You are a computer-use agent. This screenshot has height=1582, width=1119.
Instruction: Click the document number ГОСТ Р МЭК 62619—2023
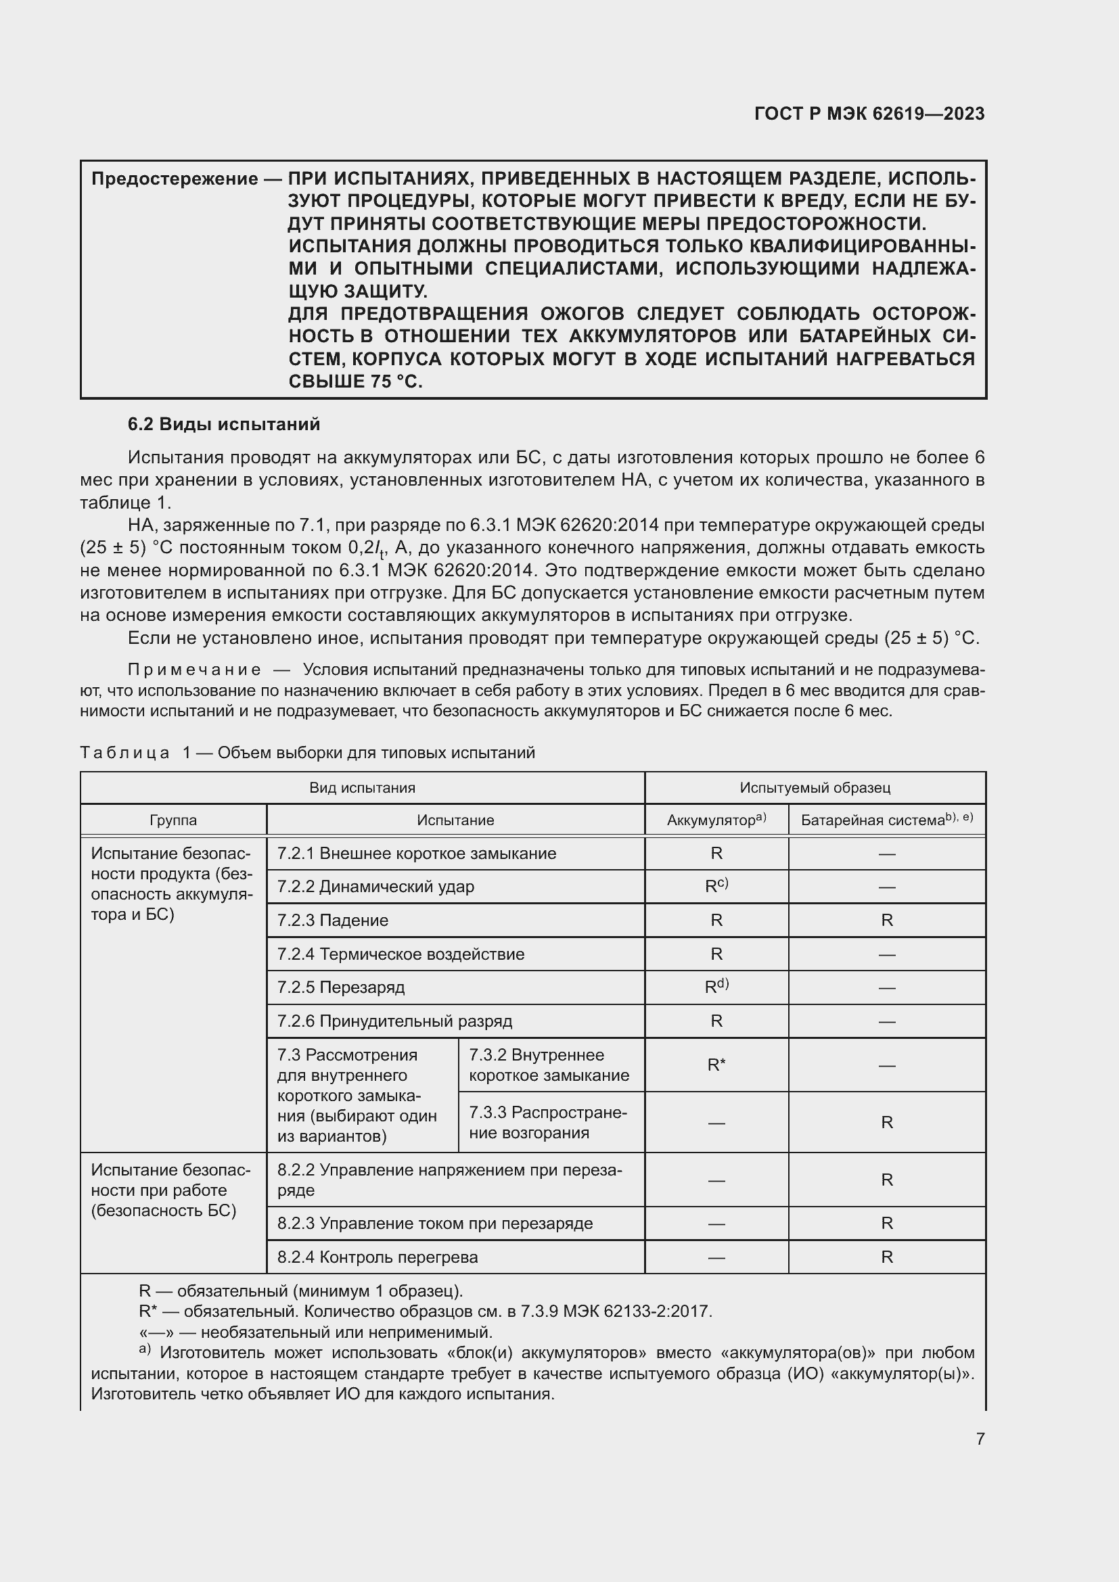point(869,114)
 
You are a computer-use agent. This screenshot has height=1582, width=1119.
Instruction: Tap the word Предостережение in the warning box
point(175,179)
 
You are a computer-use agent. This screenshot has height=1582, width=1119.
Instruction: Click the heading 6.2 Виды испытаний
point(223,425)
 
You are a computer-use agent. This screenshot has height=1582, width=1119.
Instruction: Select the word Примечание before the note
point(194,670)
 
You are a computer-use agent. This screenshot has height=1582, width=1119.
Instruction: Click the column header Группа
point(173,820)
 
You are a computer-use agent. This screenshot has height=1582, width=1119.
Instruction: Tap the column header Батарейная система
point(886,820)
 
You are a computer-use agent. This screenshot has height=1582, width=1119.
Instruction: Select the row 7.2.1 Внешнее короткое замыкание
point(416,854)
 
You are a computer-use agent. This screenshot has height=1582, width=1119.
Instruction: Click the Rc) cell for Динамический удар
point(716,886)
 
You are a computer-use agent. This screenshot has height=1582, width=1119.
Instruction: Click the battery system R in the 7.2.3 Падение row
point(886,921)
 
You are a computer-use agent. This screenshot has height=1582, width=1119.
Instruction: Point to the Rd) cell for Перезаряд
point(716,987)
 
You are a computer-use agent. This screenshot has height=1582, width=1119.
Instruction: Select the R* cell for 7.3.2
point(716,1065)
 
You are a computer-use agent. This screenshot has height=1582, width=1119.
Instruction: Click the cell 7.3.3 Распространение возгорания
point(548,1123)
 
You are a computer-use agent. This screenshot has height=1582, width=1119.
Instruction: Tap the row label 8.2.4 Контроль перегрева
point(377,1257)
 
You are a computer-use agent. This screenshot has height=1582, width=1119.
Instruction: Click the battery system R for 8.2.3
point(886,1223)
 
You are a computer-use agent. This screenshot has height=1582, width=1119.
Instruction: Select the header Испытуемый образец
point(815,787)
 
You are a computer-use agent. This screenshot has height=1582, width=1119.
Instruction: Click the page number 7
point(980,1439)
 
